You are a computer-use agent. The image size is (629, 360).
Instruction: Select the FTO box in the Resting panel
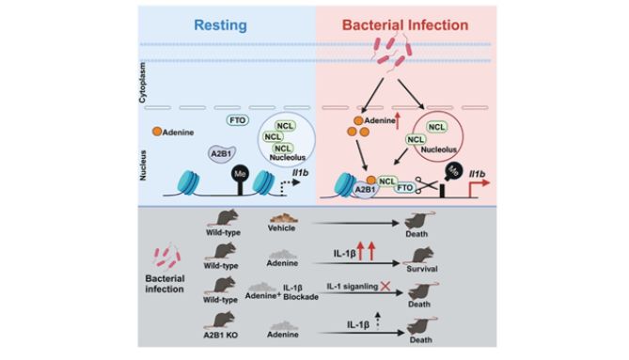pyautogui.click(x=239, y=120)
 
